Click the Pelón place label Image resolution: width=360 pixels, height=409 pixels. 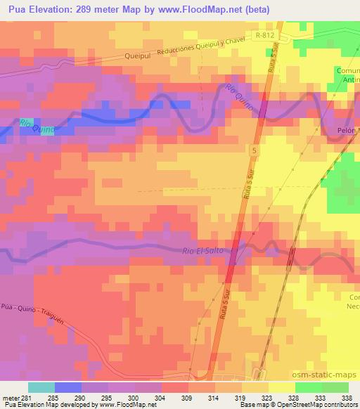pos(347,131)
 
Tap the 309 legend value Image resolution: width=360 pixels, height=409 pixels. pos(186,397)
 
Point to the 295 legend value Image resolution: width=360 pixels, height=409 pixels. pos(105,397)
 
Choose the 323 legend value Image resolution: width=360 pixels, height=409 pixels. pos(266,397)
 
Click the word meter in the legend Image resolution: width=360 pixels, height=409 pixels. pos(10,397)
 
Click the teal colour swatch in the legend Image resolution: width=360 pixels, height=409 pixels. pos(41,387)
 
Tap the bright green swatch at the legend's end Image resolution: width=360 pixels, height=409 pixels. pos(335,387)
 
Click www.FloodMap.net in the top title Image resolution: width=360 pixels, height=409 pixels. pos(210,9)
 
